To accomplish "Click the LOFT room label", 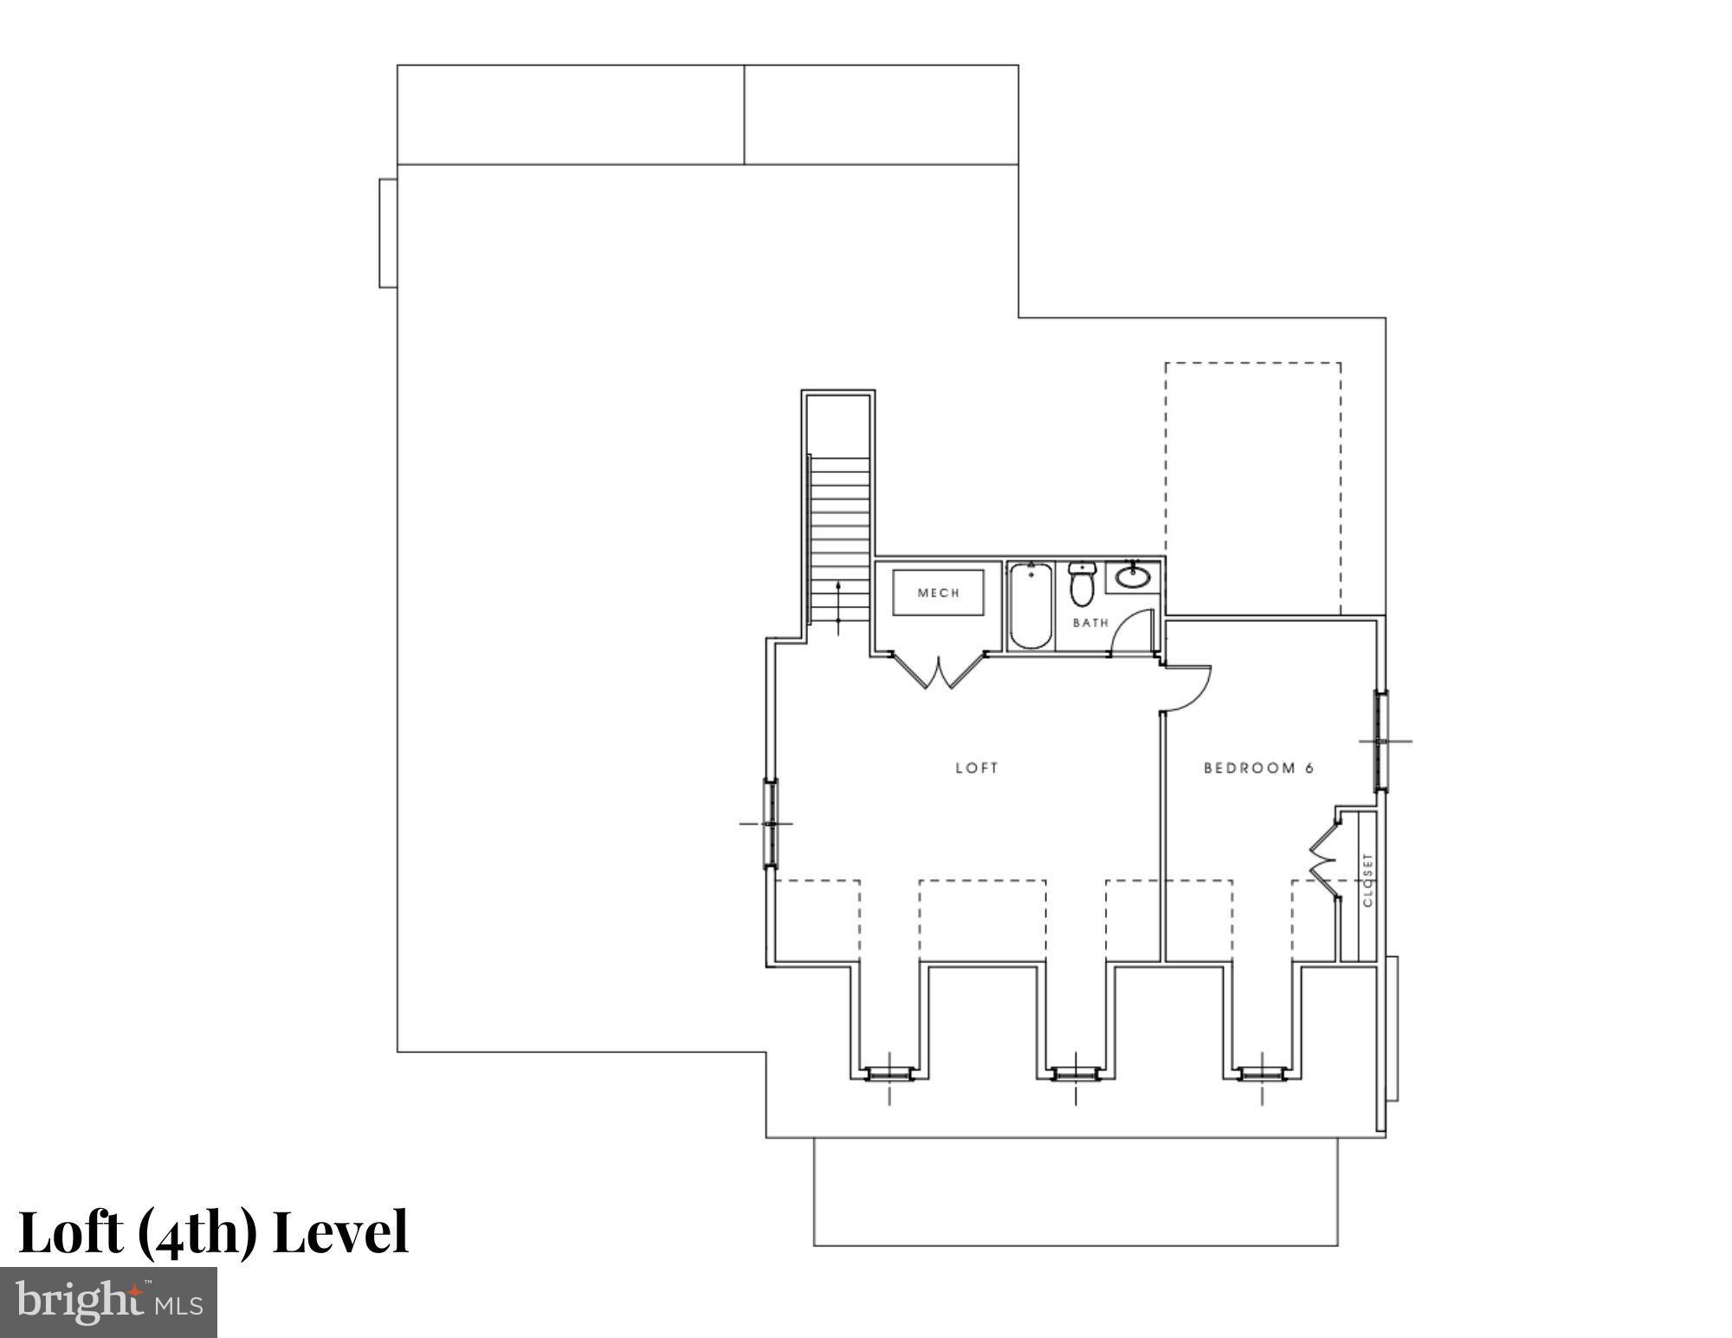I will [977, 768].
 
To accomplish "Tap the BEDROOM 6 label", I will [1258, 768].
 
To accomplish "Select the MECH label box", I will [939, 592].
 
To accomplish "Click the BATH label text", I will [1090, 623].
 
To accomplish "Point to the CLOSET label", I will [1367, 880].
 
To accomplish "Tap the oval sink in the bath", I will [1132, 576].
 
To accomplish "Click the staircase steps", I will [839, 537].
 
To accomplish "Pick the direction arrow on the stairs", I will [838, 606].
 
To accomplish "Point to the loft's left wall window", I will [770, 823].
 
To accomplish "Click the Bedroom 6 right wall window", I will [1381, 741].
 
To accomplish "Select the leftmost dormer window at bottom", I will [889, 1074].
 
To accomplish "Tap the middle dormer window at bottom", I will [1076, 1074].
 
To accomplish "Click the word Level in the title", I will [340, 1232].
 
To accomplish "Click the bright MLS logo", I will [108, 1302].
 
